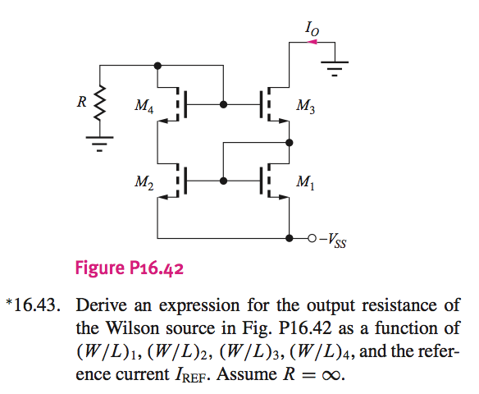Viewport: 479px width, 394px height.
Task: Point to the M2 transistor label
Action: (143, 181)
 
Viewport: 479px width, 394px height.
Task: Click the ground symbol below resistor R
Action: (100, 148)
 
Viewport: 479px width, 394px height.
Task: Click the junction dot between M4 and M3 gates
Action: (223, 105)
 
